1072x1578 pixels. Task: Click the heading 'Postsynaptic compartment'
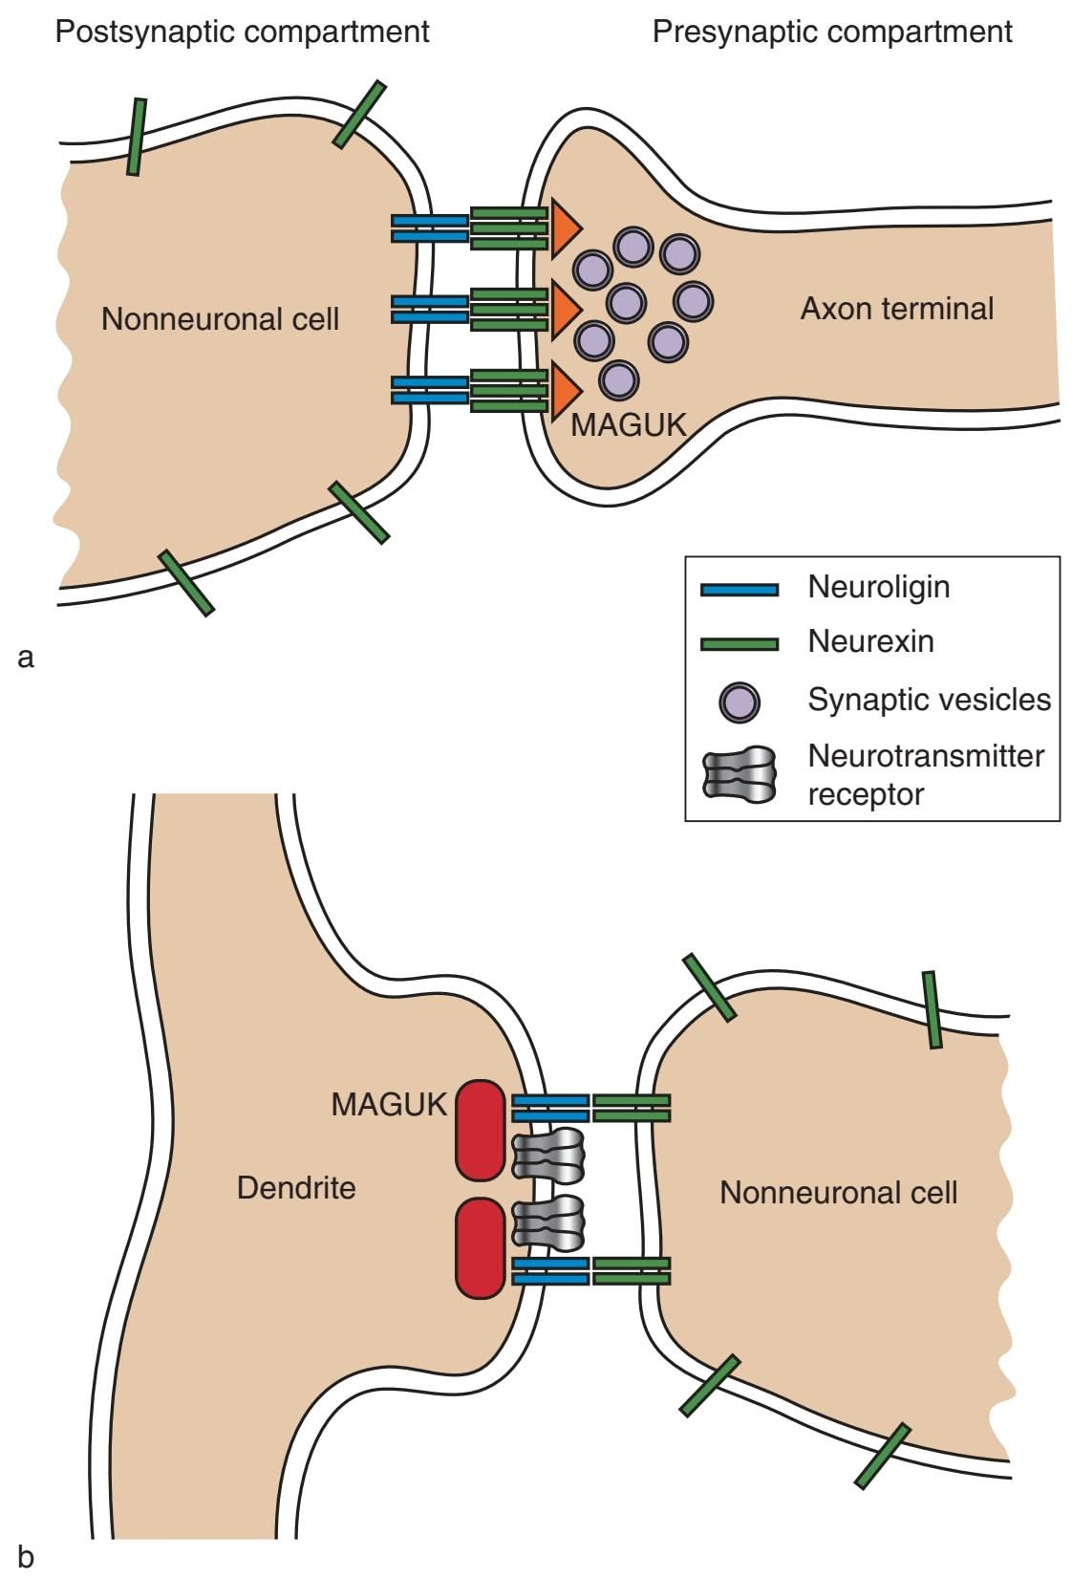242,32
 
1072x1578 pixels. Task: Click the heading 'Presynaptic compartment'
831,32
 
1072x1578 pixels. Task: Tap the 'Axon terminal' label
896,309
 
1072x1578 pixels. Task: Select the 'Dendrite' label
296,1188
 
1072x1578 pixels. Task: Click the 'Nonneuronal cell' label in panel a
220,318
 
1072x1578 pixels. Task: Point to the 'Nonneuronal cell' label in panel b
838,1193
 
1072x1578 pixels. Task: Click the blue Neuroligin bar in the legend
739,590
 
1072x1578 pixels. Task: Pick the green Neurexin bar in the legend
739,644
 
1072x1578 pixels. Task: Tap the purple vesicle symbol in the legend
739,701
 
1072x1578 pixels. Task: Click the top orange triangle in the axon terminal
565,229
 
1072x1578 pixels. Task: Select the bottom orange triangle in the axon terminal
565,391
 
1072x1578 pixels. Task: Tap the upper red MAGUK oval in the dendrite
480,1131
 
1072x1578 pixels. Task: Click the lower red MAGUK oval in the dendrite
480,1249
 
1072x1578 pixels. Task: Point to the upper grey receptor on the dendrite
548,1153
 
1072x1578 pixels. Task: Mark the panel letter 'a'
26,658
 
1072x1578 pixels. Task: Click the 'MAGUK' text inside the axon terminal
628,424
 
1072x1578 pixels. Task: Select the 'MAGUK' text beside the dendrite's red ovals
389,1105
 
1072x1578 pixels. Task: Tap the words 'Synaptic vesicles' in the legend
929,700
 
